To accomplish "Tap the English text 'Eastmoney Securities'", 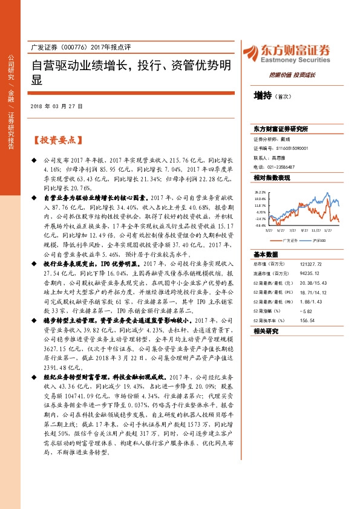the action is pos(297,60).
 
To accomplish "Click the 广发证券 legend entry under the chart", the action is pos(289,240).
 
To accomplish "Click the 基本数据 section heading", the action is pos(266,254).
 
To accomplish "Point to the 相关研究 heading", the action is pos(266,331).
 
